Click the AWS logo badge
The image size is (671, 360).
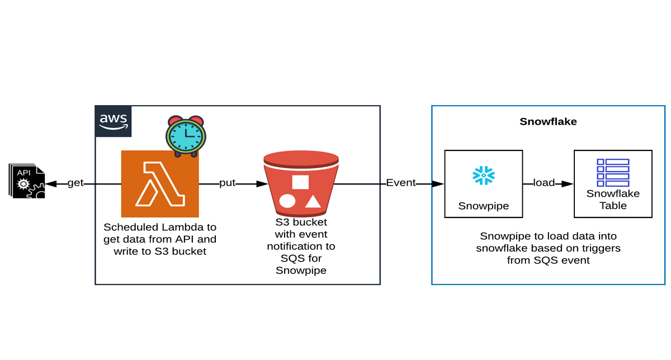tap(113, 121)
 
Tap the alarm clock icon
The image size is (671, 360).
tap(186, 136)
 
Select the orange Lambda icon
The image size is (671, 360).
tap(160, 184)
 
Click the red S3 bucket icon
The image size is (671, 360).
tap(301, 184)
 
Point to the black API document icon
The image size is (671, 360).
tap(27, 181)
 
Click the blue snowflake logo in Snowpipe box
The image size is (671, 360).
tap(484, 176)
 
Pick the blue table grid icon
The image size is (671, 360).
tap(613, 173)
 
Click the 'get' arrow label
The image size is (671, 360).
tap(75, 183)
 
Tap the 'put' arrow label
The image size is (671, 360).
tap(228, 183)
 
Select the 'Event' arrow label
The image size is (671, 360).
tap(401, 182)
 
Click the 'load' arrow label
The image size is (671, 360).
tap(544, 182)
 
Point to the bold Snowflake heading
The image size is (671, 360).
tap(548, 122)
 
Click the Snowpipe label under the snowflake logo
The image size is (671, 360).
tap(484, 206)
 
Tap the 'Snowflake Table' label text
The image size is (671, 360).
tap(613, 200)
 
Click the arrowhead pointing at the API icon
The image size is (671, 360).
tap(51, 184)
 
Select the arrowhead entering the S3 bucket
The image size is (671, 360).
tap(262, 184)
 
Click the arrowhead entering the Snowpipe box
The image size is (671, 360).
tap(438, 184)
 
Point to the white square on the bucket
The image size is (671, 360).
tap(300, 182)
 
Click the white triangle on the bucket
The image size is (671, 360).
tap(313, 201)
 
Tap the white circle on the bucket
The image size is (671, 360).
tap(287, 201)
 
